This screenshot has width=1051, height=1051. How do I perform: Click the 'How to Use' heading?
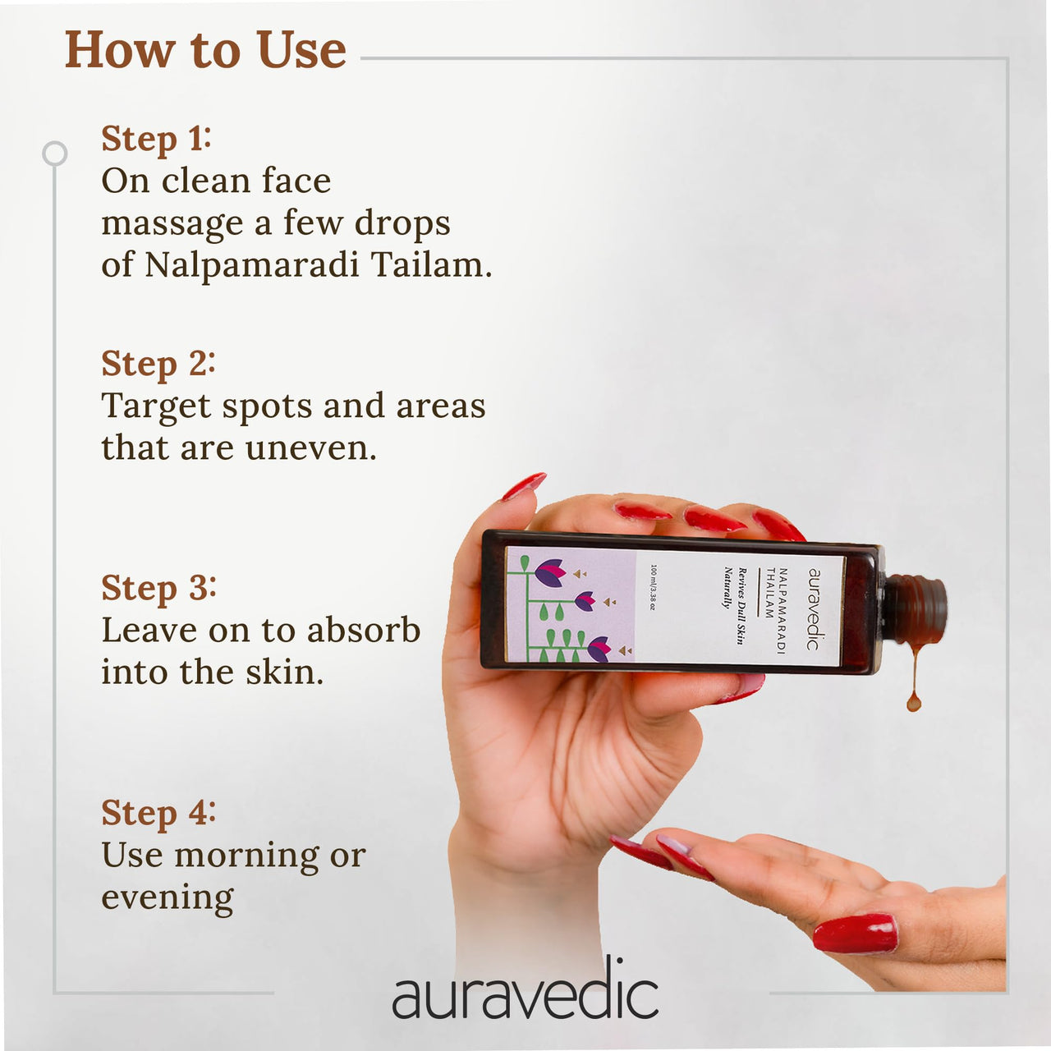[x=205, y=50]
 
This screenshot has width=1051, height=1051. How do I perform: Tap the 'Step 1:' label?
[x=156, y=139]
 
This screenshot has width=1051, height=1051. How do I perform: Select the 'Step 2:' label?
[x=158, y=364]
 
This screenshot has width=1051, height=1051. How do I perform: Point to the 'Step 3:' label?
[x=158, y=589]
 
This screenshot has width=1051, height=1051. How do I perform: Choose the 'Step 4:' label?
[x=158, y=813]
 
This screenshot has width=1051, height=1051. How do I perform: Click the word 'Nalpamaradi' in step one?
[x=252, y=265]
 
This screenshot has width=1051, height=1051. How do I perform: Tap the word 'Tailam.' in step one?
[x=431, y=265]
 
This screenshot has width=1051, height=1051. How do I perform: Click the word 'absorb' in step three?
[x=364, y=630]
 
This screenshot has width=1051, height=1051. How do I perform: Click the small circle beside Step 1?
[x=54, y=154]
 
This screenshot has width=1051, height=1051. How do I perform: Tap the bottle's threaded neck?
[x=916, y=610]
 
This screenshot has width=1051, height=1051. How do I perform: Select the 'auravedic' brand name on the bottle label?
[x=814, y=609]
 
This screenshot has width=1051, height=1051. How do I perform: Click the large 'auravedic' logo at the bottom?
[x=525, y=994]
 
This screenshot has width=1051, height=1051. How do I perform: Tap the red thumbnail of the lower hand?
[x=855, y=934]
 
